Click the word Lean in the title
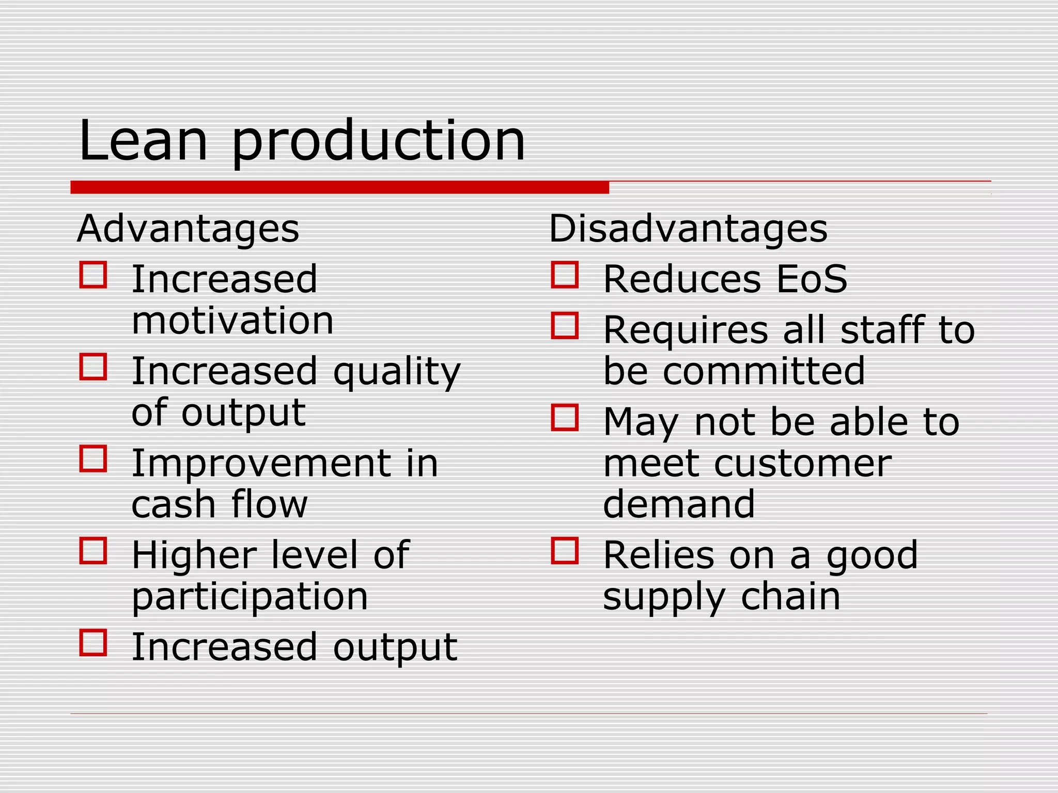(143, 140)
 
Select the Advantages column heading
(188, 229)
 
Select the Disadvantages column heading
(688, 229)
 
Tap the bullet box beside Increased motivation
(94, 275)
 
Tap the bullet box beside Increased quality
(94, 367)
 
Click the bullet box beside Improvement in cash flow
(94, 458)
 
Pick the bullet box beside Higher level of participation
(94, 550)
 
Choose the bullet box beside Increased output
(94, 642)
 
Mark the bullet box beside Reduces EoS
(565, 275)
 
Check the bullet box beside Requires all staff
(565, 326)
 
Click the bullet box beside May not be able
(565, 418)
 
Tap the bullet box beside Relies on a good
(565, 550)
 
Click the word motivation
(232, 321)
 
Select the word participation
(250, 598)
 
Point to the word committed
(764, 371)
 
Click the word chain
(790, 597)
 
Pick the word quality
(397, 373)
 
